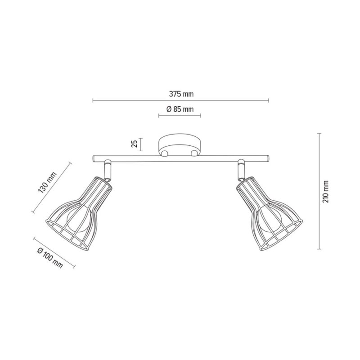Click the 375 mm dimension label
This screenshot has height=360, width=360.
(181, 94)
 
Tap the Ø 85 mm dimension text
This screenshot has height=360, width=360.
(180, 109)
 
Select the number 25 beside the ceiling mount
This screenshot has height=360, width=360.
(134, 144)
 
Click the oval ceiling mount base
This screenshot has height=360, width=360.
(180, 145)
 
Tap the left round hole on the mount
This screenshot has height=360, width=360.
(166, 153)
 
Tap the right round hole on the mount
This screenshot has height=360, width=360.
(194, 153)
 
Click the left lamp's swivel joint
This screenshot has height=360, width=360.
(108, 170)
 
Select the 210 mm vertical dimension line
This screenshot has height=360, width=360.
(319, 191)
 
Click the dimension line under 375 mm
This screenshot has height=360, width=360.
(180, 100)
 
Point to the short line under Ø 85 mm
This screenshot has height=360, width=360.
(180, 116)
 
